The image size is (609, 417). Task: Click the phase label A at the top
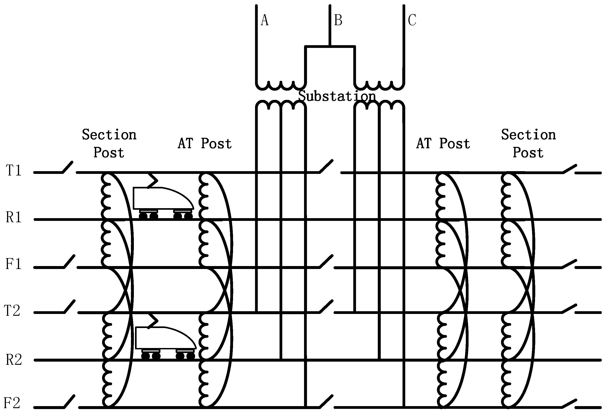tap(265, 20)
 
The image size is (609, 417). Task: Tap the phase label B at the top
tap(338, 20)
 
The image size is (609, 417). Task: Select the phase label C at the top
tap(412, 20)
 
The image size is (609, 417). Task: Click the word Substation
tap(337, 96)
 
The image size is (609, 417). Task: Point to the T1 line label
tap(14, 171)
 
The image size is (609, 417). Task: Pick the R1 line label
tap(14, 217)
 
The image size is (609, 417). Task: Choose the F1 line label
tap(14, 264)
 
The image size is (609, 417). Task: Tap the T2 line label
tap(12, 311)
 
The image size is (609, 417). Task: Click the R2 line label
tap(14, 360)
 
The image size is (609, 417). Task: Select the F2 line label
tap(12, 403)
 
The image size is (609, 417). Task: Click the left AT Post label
tap(205, 144)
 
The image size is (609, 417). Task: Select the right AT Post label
tap(443, 144)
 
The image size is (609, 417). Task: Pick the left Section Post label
tap(109, 144)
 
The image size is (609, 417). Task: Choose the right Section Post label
tap(528, 144)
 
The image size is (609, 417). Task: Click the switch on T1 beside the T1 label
tap(68, 168)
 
